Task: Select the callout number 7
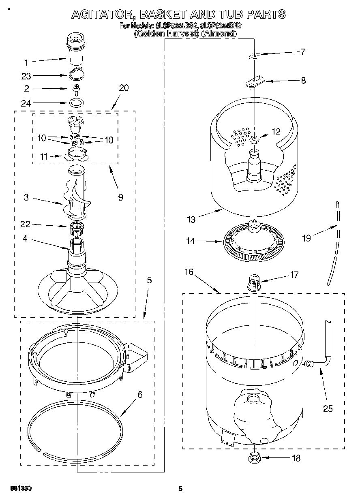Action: (302, 51)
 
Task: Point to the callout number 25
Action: (328, 408)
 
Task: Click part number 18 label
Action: (296, 458)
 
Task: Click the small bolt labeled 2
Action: (75, 88)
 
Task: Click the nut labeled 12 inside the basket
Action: (254, 140)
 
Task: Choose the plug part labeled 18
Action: (254, 458)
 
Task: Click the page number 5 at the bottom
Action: (181, 489)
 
